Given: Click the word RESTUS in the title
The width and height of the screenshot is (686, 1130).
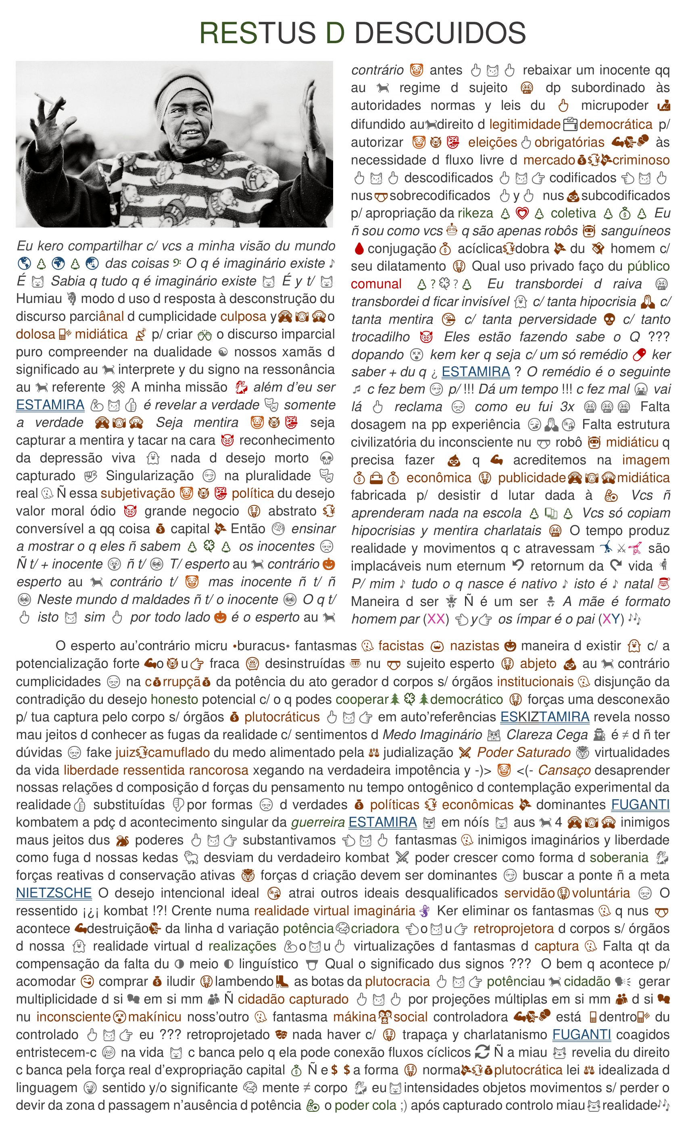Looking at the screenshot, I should [x=257, y=33].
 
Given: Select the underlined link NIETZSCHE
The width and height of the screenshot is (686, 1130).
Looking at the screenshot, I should [x=54, y=893].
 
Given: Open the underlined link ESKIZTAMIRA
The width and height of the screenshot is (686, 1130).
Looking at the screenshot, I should [x=544, y=716].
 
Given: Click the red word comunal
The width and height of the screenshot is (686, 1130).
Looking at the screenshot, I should [x=375, y=284].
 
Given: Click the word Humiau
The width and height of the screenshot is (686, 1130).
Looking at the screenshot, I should [x=39, y=299].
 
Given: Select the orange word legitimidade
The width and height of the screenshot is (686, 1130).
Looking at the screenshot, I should [x=525, y=124].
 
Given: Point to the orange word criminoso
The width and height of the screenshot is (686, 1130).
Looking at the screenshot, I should [x=640, y=160].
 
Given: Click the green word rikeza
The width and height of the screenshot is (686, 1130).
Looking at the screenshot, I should [x=475, y=213].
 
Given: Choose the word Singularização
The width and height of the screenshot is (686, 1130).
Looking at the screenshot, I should [x=150, y=476].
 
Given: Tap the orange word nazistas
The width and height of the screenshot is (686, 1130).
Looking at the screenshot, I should [x=474, y=646].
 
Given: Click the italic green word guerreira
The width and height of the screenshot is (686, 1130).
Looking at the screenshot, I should [x=318, y=822].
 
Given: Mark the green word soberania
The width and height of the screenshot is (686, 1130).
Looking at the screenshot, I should [x=619, y=858].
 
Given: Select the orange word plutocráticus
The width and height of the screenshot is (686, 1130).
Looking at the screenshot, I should [x=281, y=717].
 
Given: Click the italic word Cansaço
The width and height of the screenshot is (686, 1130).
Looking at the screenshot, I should [x=564, y=770].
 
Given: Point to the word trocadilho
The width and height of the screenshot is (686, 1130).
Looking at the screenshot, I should [x=380, y=337].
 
